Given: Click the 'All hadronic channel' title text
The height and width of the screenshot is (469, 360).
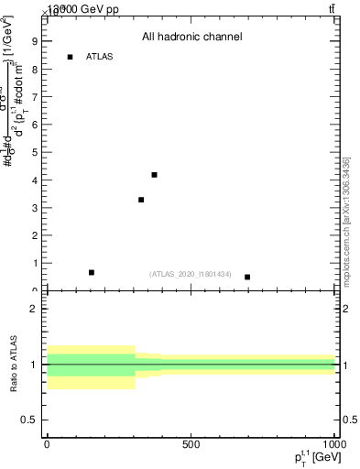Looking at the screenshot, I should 191,38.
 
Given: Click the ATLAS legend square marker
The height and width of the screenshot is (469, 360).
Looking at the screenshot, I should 70,57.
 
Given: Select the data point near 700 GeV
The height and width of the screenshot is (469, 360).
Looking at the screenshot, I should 247,277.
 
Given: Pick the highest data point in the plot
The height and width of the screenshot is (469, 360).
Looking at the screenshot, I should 154,174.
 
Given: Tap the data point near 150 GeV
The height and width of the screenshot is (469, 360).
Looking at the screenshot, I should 91,272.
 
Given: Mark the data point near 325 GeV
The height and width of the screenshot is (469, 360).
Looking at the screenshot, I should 141,200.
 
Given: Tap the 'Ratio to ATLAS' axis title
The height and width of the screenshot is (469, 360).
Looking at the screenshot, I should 14,365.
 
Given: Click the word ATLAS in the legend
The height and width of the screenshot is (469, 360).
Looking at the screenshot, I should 99,57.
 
